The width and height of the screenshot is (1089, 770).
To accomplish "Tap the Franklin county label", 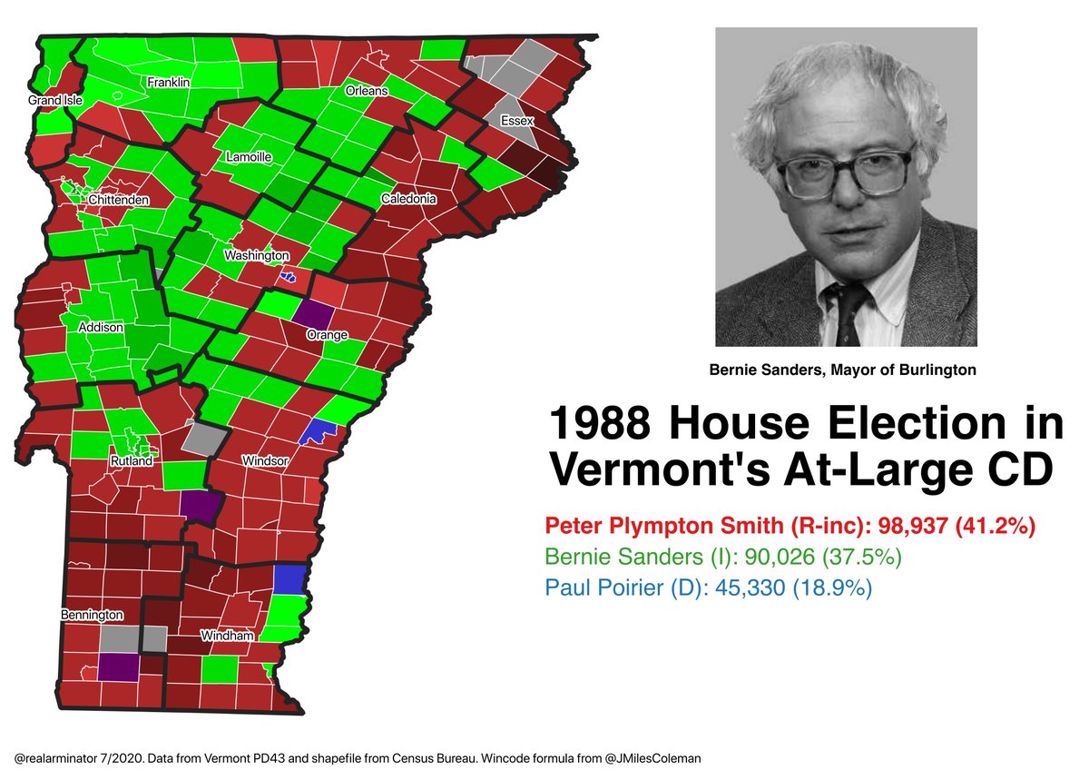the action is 169,83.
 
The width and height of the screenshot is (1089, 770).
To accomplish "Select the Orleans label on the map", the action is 366,91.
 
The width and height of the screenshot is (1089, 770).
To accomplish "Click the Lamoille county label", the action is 248,157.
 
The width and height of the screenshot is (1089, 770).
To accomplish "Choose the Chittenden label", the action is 119,200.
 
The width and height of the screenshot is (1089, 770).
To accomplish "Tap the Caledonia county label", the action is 408,199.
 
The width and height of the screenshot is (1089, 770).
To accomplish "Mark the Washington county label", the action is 257,256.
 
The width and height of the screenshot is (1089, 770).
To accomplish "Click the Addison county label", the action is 101,327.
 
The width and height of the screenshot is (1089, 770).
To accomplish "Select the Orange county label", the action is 327,335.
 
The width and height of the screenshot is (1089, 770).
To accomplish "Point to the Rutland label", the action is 132,461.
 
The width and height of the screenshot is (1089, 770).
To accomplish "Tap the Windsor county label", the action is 265,461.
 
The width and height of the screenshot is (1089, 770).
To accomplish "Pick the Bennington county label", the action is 92,616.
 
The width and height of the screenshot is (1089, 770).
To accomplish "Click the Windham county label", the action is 227,637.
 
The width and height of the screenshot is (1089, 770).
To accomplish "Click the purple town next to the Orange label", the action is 310,315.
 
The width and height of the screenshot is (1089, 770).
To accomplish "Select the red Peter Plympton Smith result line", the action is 790,526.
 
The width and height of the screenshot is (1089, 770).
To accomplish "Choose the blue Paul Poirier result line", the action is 709,587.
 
